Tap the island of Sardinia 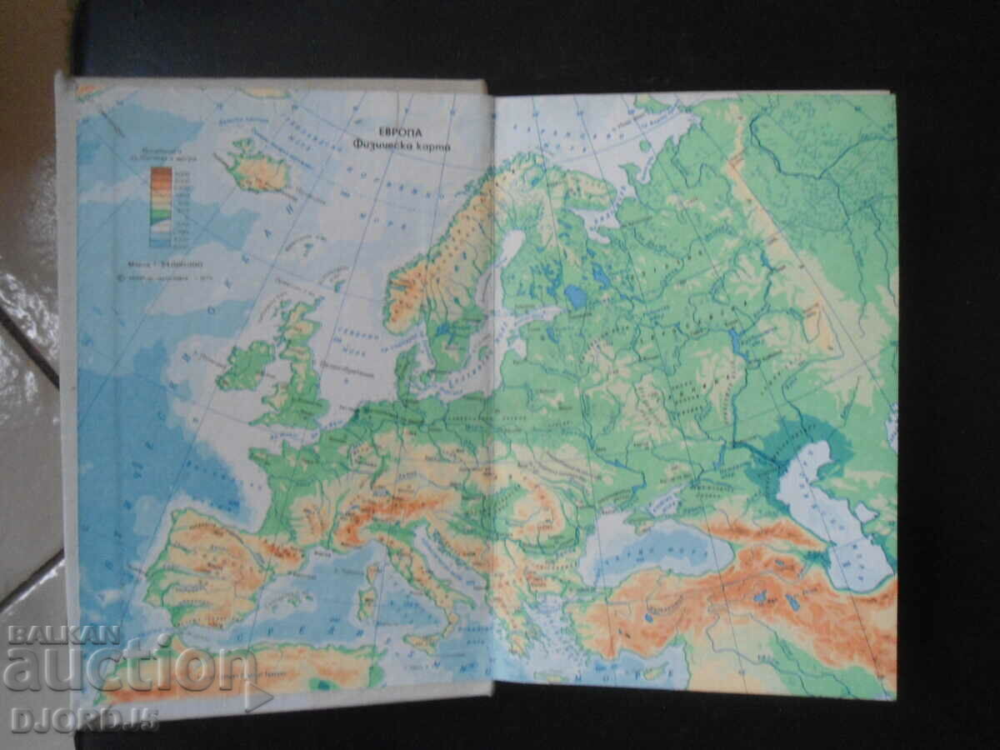click(x=367, y=602)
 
